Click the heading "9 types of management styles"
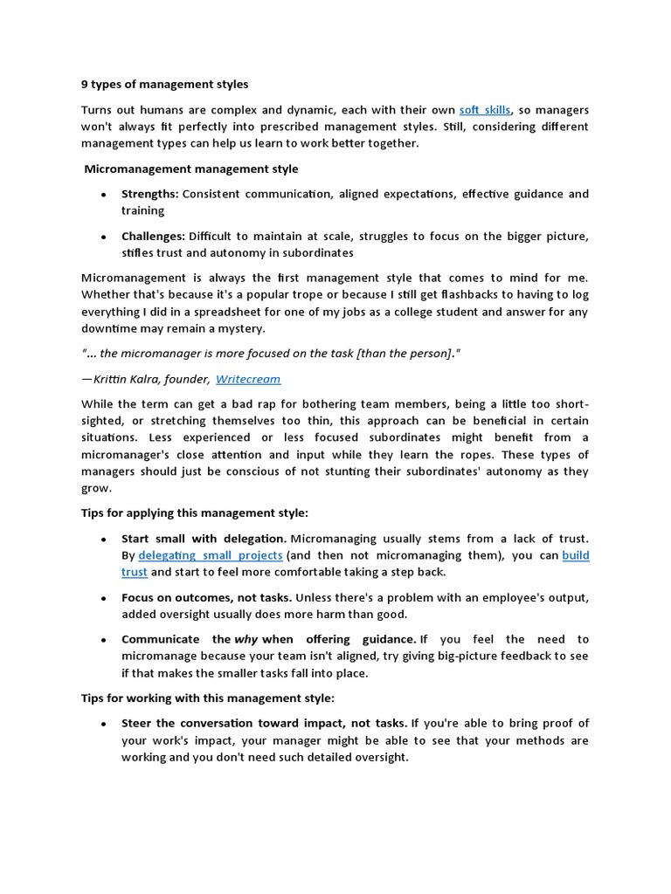(x=164, y=85)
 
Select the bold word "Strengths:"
(x=150, y=194)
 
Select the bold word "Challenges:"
(x=153, y=236)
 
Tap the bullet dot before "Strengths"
(x=104, y=195)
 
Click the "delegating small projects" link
(x=211, y=555)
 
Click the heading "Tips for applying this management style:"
(x=195, y=512)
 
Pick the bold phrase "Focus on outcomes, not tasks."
(x=206, y=597)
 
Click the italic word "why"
(x=247, y=639)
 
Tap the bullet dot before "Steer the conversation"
(x=104, y=725)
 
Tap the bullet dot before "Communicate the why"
(x=104, y=640)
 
